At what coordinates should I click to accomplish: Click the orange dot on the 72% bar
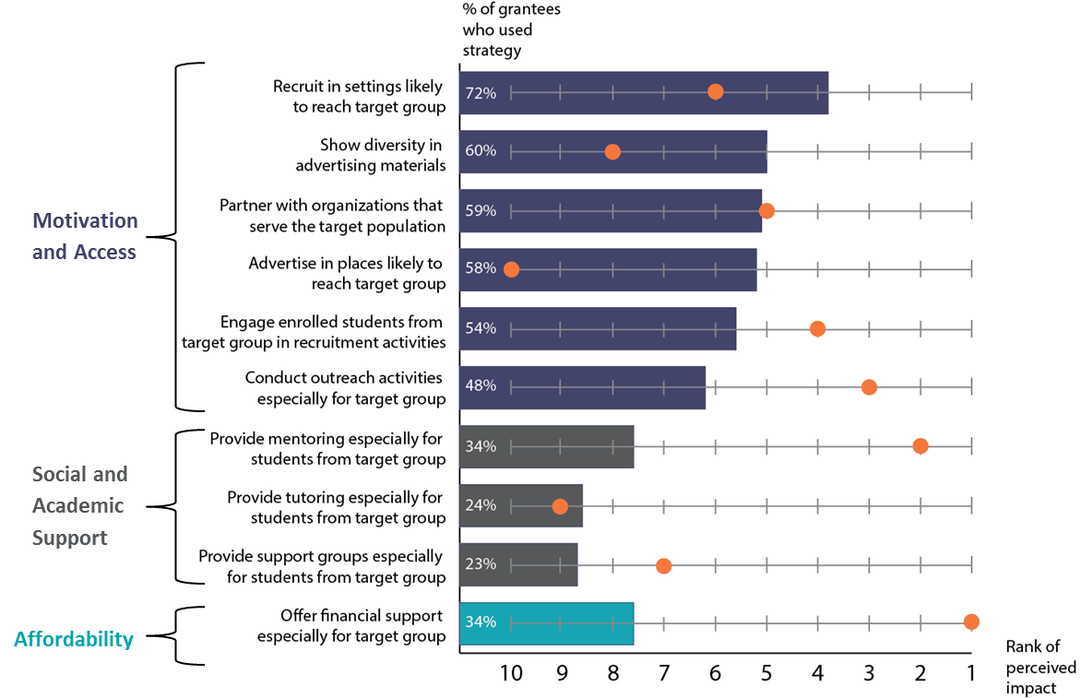click(x=715, y=91)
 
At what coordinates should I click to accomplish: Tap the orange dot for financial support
click(x=971, y=622)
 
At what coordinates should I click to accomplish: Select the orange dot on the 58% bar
click(x=511, y=269)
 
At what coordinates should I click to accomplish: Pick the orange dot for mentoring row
click(x=920, y=446)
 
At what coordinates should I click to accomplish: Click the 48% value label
click(x=481, y=387)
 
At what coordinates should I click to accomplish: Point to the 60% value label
click(x=481, y=151)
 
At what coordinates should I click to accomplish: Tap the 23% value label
click(x=481, y=564)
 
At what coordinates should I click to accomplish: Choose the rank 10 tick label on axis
click(x=510, y=673)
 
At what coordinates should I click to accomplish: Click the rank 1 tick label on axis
click(x=971, y=673)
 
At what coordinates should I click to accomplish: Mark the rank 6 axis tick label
click(x=715, y=673)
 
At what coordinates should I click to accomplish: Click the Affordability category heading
click(x=74, y=639)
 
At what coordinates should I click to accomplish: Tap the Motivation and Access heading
click(x=85, y=236)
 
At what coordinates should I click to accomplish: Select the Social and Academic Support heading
click(x=79, y=505)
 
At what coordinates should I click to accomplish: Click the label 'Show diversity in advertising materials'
click(x=370, y=155)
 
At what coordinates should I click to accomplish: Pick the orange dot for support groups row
click(x=663, y=565)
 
